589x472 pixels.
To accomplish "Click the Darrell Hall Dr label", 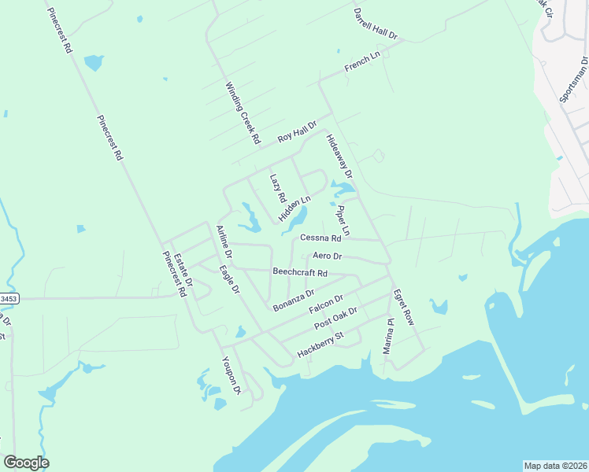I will click(376, 24).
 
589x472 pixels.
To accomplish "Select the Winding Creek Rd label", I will click(243, 113).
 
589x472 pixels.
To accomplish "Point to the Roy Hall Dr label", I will click(296, 132).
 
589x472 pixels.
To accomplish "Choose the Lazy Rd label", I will click(276, 188).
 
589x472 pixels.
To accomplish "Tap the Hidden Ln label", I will click(294, 208).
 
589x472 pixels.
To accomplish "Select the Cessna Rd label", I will click(320, 238).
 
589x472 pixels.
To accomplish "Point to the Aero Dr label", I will click(327, 256).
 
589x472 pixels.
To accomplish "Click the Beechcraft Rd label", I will click(300, 273).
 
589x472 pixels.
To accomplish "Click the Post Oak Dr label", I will click(335, 319).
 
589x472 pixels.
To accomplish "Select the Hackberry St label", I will click(320, 345).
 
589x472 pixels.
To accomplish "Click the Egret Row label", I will click(403, 307).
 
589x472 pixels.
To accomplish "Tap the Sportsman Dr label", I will click(573, 79).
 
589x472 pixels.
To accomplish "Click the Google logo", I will click(26, 463).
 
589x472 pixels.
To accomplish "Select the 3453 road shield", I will click(8, 299).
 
